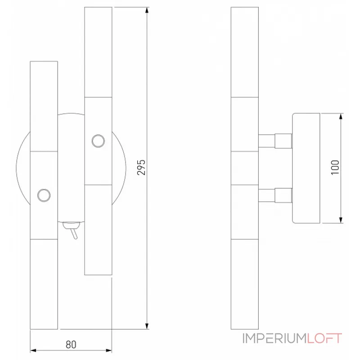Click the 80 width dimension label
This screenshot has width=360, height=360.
[x=71, y=345]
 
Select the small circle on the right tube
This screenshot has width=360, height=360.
[x=97, y=141]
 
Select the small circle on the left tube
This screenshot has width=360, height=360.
[x=44, y=195]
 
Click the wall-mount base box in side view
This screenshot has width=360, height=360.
[x=306, y=167]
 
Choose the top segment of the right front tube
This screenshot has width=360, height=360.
[x=98, y=52]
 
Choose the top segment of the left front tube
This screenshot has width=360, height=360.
[x=44, y=106]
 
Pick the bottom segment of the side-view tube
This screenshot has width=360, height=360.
[x=244, y=283]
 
